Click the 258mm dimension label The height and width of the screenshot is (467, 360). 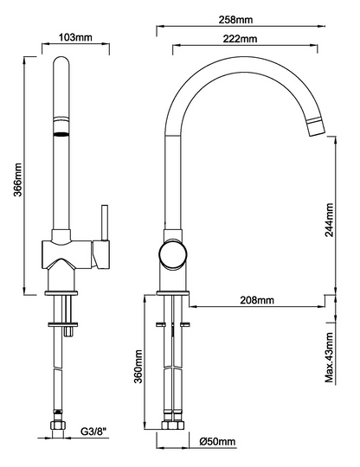coord(235,20)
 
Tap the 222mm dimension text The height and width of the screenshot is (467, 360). coord(240,39)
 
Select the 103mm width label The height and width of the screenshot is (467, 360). coord(75,37)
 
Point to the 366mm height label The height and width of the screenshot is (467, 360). coord(18,180)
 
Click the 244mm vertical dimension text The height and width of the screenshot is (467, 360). coord(329,220)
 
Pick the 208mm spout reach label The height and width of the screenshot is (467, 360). coord(257,300)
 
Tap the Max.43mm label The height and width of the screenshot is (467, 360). coord(329,357)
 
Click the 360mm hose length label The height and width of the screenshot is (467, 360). coord(138,367)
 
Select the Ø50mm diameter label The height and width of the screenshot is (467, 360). coord(217,441)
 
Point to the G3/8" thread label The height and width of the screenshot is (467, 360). coord(93,432)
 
